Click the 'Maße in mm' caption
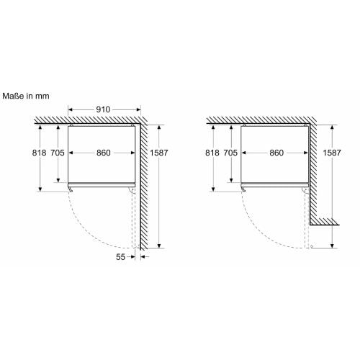[x=26, y=96]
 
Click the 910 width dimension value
[x=103, y=109]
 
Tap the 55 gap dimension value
[x=120, y=257]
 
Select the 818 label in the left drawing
[x=39, y=153]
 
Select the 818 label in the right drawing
[x=212, y=153]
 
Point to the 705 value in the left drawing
[x=58, y=153]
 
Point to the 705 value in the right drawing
[x=230, y=153]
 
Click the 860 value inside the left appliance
[x=104, y=153]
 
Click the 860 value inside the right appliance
[x=276, y=153]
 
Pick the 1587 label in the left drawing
[x=159, y=153]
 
